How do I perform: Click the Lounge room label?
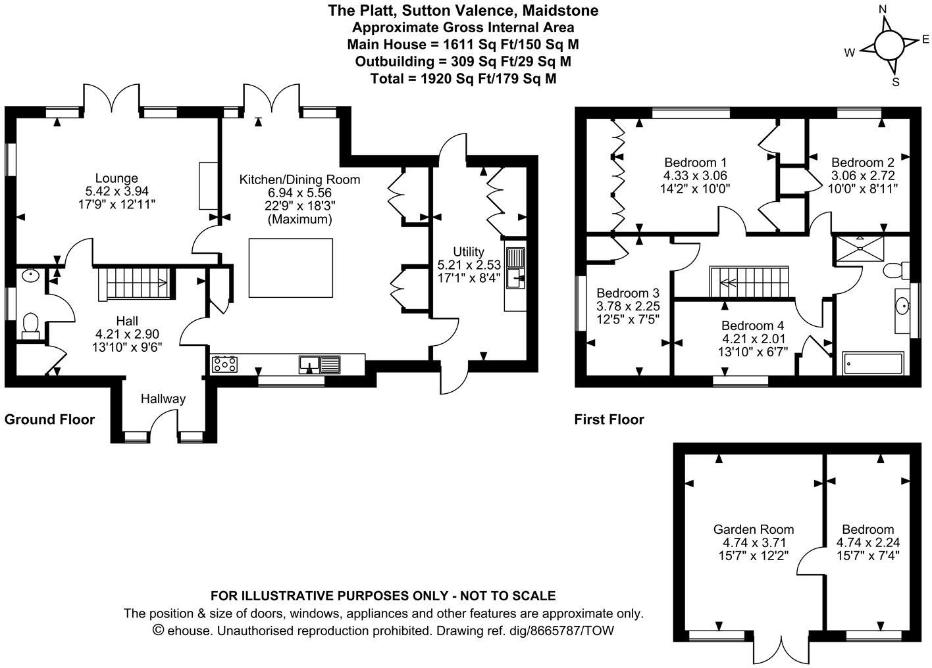coord(116,178)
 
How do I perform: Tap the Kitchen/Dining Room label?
coord(299,179)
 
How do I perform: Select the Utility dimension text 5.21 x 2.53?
coord(469,265)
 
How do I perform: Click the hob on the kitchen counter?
coord(224,364)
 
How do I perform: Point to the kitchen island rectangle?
coord(291,268)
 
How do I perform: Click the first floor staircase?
coord(749,282)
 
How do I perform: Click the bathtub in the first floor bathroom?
coord(873,364)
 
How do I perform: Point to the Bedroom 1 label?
coord(695,162)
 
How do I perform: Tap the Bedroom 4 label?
coord(753,325)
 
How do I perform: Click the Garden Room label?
coord(754,529)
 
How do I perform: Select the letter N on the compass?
coord(882,10)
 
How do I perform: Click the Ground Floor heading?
coord(49,419)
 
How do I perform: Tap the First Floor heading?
coord(609,419)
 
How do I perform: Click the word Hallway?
coord(163,399)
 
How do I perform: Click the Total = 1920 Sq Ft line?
coord(463,78)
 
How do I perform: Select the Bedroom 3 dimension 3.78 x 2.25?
coord(629,306)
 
